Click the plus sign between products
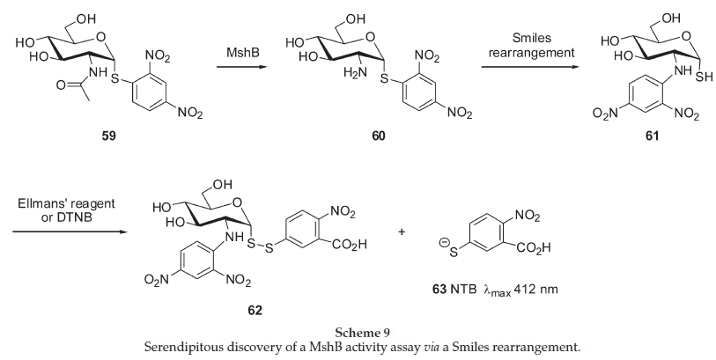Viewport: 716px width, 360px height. tap(402, 232)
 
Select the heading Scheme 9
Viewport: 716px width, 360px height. tap(358, 333)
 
